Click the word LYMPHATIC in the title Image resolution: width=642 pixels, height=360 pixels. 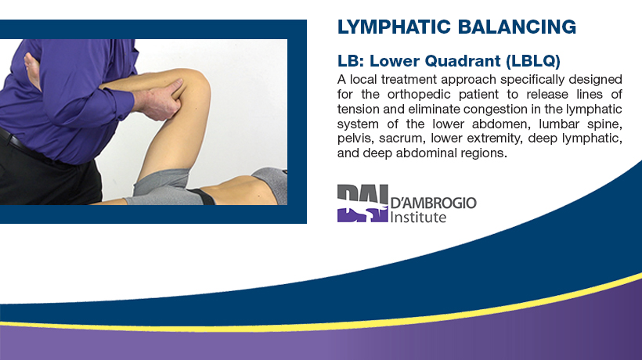coord(394,27)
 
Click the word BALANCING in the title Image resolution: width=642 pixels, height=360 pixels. coord(517,27)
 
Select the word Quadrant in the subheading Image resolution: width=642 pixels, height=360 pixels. coord(463,61)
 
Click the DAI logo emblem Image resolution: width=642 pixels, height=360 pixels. coord(362,203)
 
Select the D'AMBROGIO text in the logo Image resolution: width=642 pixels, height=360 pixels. coord(433,203)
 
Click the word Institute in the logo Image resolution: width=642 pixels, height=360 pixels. coord(418,217)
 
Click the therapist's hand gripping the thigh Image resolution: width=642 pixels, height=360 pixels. coord(160,99)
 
